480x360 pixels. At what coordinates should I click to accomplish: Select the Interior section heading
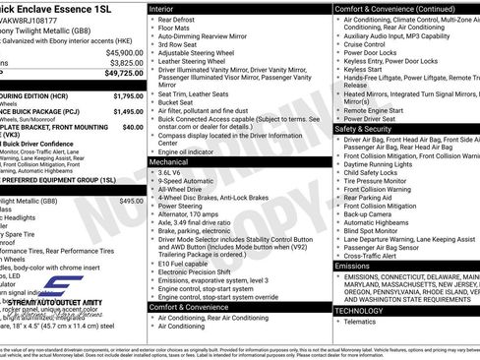165,8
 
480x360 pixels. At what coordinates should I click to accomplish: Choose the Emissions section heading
353,266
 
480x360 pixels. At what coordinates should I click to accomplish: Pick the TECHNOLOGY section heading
360,310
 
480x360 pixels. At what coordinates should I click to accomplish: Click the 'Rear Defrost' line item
181,19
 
